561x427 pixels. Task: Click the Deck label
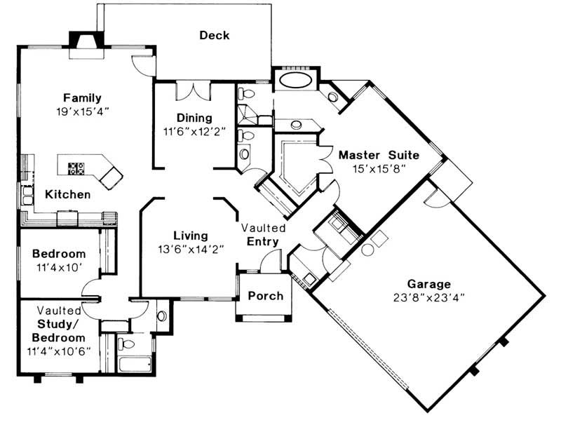(x=214, y=35)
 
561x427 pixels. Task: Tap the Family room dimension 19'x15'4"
(x=82, y=111)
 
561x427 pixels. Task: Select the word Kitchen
(x=68, y=194)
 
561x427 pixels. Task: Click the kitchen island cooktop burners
(x=76, y=168)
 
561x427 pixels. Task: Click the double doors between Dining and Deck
(x=194, y=91)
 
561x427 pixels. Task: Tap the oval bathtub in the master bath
(x=295, y=80)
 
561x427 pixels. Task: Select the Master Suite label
(x=378, y=154)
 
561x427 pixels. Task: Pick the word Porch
(x=266, y=295)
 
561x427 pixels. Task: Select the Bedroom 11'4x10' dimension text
(x=60, y=266)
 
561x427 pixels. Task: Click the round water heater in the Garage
(x=367, y=249)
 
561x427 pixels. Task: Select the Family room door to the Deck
(x=143, y=65)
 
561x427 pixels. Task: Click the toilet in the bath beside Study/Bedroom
(x=125, y=344)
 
